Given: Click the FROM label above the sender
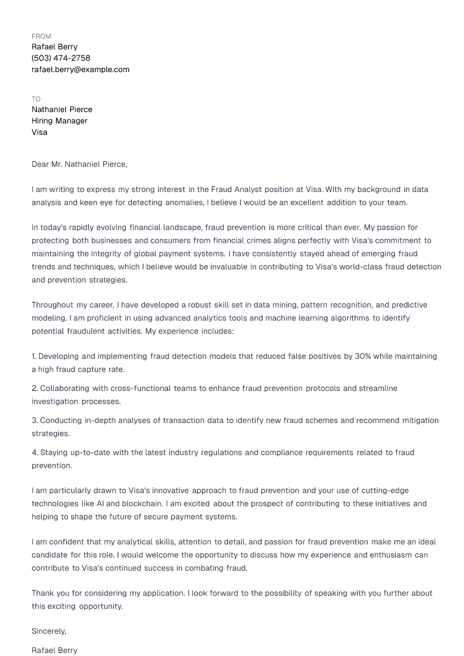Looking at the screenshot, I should [x=41, y=37].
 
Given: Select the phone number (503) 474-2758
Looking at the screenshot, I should [x=61, y=58].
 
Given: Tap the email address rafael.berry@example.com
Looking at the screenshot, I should [x=80, y=70].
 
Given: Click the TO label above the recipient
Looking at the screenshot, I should [x=36, y=99].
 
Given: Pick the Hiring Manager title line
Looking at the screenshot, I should [x=59, y=121].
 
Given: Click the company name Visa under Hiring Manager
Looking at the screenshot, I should [x=39, y=132].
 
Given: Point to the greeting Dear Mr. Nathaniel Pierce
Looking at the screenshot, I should [x=79, y=164].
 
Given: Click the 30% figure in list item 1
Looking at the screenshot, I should [x=363, y=356].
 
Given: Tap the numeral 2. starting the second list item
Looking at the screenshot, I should [x=35, y=388].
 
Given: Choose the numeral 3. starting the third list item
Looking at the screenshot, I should [x=35, y=421].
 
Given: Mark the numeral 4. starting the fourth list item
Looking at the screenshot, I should [x=35, y=453].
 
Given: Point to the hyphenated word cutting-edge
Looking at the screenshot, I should [x=385, y=491].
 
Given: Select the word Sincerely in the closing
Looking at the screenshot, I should [x=48, y=631].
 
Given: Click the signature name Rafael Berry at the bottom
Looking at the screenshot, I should [x=54, y=651].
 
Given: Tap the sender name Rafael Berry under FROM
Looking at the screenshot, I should [x=54, y=47].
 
